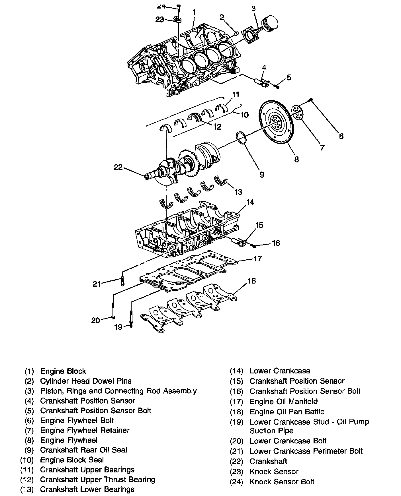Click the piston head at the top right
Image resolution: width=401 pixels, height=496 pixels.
269,22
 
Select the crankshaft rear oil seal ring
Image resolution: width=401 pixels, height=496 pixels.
241,138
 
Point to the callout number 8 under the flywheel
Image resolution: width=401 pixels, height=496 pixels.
296,159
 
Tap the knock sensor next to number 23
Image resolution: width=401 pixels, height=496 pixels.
178,20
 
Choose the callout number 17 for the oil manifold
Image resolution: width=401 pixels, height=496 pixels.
257,259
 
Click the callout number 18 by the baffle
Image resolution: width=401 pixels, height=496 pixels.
251,281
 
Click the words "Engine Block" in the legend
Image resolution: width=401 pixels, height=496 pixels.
63,371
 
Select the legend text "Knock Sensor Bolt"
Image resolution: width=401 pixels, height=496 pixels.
282,482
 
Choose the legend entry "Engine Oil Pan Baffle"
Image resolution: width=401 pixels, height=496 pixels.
287,412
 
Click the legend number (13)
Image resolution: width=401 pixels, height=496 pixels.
27,489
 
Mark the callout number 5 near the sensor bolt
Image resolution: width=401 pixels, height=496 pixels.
289,77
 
